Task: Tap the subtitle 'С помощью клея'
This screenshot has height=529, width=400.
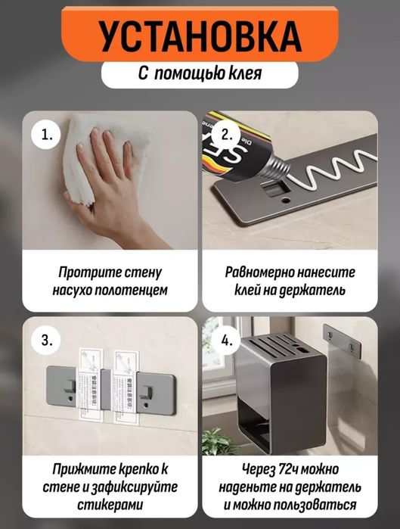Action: point(200,74)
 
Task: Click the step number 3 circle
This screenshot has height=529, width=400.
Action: point(45,339)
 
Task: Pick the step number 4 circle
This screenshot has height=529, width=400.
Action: point(225,339)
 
